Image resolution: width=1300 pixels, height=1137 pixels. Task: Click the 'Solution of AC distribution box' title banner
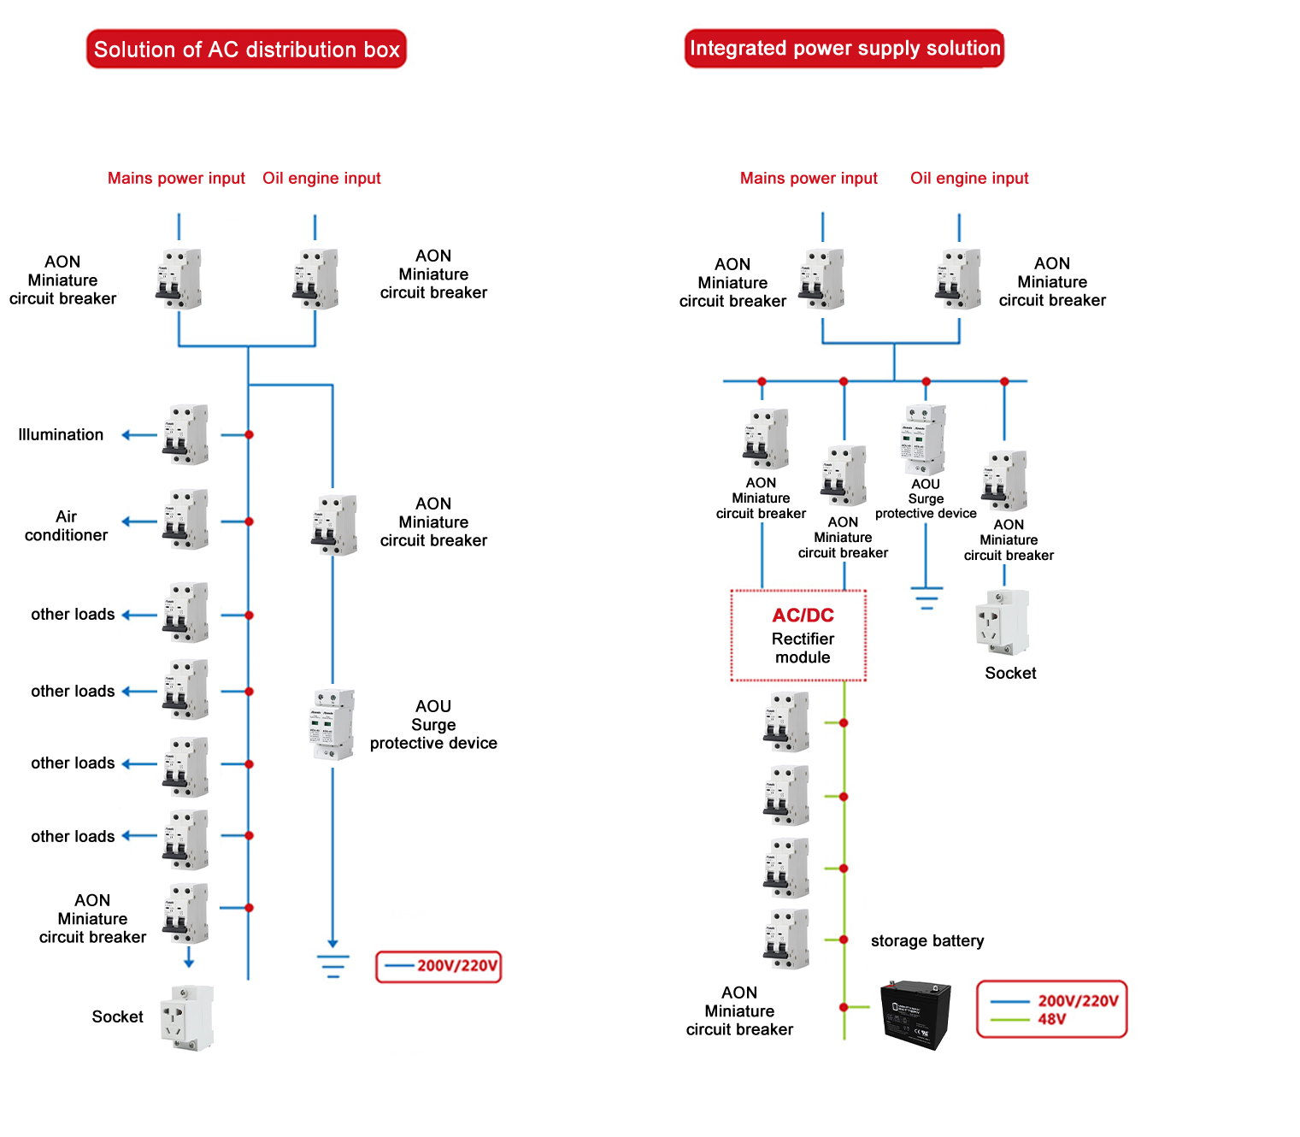tap(246, 50)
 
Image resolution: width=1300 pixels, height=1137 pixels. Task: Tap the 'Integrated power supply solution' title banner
tap(844, 48)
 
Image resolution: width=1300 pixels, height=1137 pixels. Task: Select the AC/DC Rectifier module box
tap(798, 635)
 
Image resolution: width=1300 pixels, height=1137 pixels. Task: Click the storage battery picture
tap(915, 1014)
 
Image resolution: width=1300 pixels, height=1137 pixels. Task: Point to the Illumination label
tap(61, 435)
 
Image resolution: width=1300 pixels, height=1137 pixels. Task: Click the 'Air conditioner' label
tap(66, 526)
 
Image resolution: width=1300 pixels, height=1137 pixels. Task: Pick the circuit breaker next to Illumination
tap(185, 435)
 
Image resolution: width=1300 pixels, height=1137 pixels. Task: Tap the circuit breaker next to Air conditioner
tap(185, 520)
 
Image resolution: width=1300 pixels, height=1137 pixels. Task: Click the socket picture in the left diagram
tap(187, 1017)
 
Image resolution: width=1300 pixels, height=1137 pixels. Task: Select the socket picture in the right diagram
tap(1002, 622)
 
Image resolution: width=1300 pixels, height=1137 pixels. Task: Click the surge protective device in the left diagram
tap(332, 725)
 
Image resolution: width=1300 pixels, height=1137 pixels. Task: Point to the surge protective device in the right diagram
tap(923, 439)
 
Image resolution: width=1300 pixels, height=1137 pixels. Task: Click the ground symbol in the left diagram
tap(332, 966)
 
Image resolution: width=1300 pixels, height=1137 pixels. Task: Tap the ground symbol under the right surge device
tap(926, 597)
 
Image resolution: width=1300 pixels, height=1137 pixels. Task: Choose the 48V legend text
tap(1052, 1019)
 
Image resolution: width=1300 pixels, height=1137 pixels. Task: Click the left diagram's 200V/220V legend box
tap(438, 966)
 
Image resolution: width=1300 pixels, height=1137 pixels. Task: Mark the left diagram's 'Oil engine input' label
tap(321, 178)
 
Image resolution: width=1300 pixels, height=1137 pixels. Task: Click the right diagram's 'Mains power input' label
tap(809, 178)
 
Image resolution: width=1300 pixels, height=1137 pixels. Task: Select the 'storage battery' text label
tap(927, 941)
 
